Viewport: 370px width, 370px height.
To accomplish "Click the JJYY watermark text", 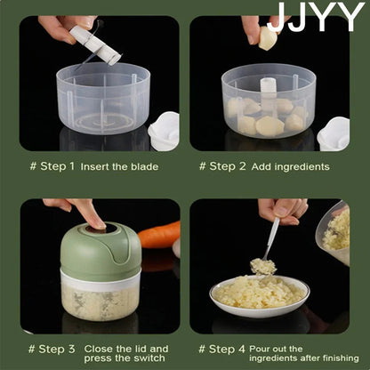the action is click(317, 17).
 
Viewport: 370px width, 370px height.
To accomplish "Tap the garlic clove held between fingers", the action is click(268, 38).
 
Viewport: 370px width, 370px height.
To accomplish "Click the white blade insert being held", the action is click(95, 44).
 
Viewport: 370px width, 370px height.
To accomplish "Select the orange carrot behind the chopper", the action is click(159, 235).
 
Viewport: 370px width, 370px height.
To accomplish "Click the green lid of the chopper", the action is click(101, 247).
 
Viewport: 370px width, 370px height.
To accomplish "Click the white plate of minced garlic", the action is click(260, 296).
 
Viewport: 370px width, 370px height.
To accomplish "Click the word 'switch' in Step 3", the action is click(149, 358).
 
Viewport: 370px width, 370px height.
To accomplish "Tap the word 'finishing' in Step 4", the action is click(341, 358).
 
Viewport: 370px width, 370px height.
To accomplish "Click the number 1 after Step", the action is click(71, 166).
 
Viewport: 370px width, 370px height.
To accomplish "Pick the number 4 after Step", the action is click(242, 349).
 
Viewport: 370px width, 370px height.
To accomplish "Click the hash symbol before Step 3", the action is click(31, 349).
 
